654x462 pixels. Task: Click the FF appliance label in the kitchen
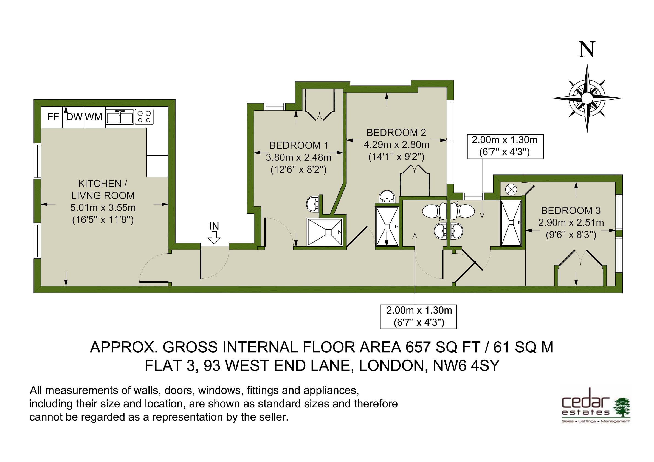tap(53, 117)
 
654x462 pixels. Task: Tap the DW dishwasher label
tap(74, 117)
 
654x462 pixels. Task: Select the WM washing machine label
tap(94, 117)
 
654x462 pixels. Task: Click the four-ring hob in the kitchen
tap(144, 117)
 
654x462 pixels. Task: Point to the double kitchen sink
tap(120, 117)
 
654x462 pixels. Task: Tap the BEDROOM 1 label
tap(299, 146)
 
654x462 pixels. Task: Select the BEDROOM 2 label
tap(396, 133)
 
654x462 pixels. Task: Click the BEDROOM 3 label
tap(571, 210)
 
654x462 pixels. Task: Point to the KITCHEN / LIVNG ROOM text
tap(103, 189)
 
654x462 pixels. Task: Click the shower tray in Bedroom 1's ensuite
tap(325, 232)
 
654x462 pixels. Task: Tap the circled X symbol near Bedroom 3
tap(511, 189)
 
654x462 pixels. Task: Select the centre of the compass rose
tap(587, 98)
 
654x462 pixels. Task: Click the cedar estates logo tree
tap(622, 408)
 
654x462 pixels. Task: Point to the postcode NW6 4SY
tap(466, 366)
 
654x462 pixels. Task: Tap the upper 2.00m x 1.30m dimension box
tap(505, 147)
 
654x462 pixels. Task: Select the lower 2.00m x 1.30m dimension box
tap(418, 316)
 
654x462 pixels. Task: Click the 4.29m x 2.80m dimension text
tap(396, 145)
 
